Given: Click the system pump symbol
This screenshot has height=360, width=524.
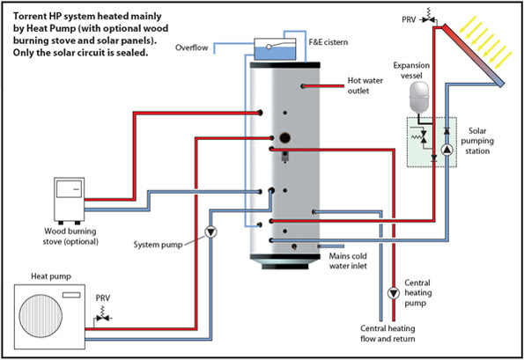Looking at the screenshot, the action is (x=210, y=231).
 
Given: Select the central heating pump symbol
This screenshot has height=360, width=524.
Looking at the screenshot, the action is (x=394, y=293).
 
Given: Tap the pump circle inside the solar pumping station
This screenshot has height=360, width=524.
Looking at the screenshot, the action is (x=447, y=150).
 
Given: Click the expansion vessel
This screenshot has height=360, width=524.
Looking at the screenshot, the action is (x=418, y=97).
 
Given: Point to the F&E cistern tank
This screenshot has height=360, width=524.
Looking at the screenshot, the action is (x=275, y=49).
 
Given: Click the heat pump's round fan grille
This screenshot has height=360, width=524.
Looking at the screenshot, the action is (x=41, y=316).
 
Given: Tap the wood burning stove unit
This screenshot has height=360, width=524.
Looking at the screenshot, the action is (x=70, y=201).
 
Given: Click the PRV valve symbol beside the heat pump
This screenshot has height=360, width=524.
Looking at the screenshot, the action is (x=103, y=316).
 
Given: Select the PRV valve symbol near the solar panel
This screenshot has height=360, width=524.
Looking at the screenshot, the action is (x=428, y=18).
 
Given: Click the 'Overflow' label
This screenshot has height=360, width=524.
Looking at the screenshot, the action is (x=191, y=48).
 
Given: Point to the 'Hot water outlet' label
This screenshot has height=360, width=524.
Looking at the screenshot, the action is (x=365, y=85).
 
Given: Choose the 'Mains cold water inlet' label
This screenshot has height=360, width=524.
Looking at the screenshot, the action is (x=348, y=261).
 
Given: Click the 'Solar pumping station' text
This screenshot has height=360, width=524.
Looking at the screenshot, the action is (x=477, y=141).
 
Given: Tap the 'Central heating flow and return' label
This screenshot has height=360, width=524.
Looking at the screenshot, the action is (x=387, y=334).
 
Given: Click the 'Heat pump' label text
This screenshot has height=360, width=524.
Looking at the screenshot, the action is (x=51, y=276).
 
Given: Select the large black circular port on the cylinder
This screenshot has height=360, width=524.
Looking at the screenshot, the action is (x=284, y=137).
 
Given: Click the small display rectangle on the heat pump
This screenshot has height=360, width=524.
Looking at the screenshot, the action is (x=71, y=295).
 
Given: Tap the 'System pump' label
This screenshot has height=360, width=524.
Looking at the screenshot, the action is (x=158, y=245).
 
